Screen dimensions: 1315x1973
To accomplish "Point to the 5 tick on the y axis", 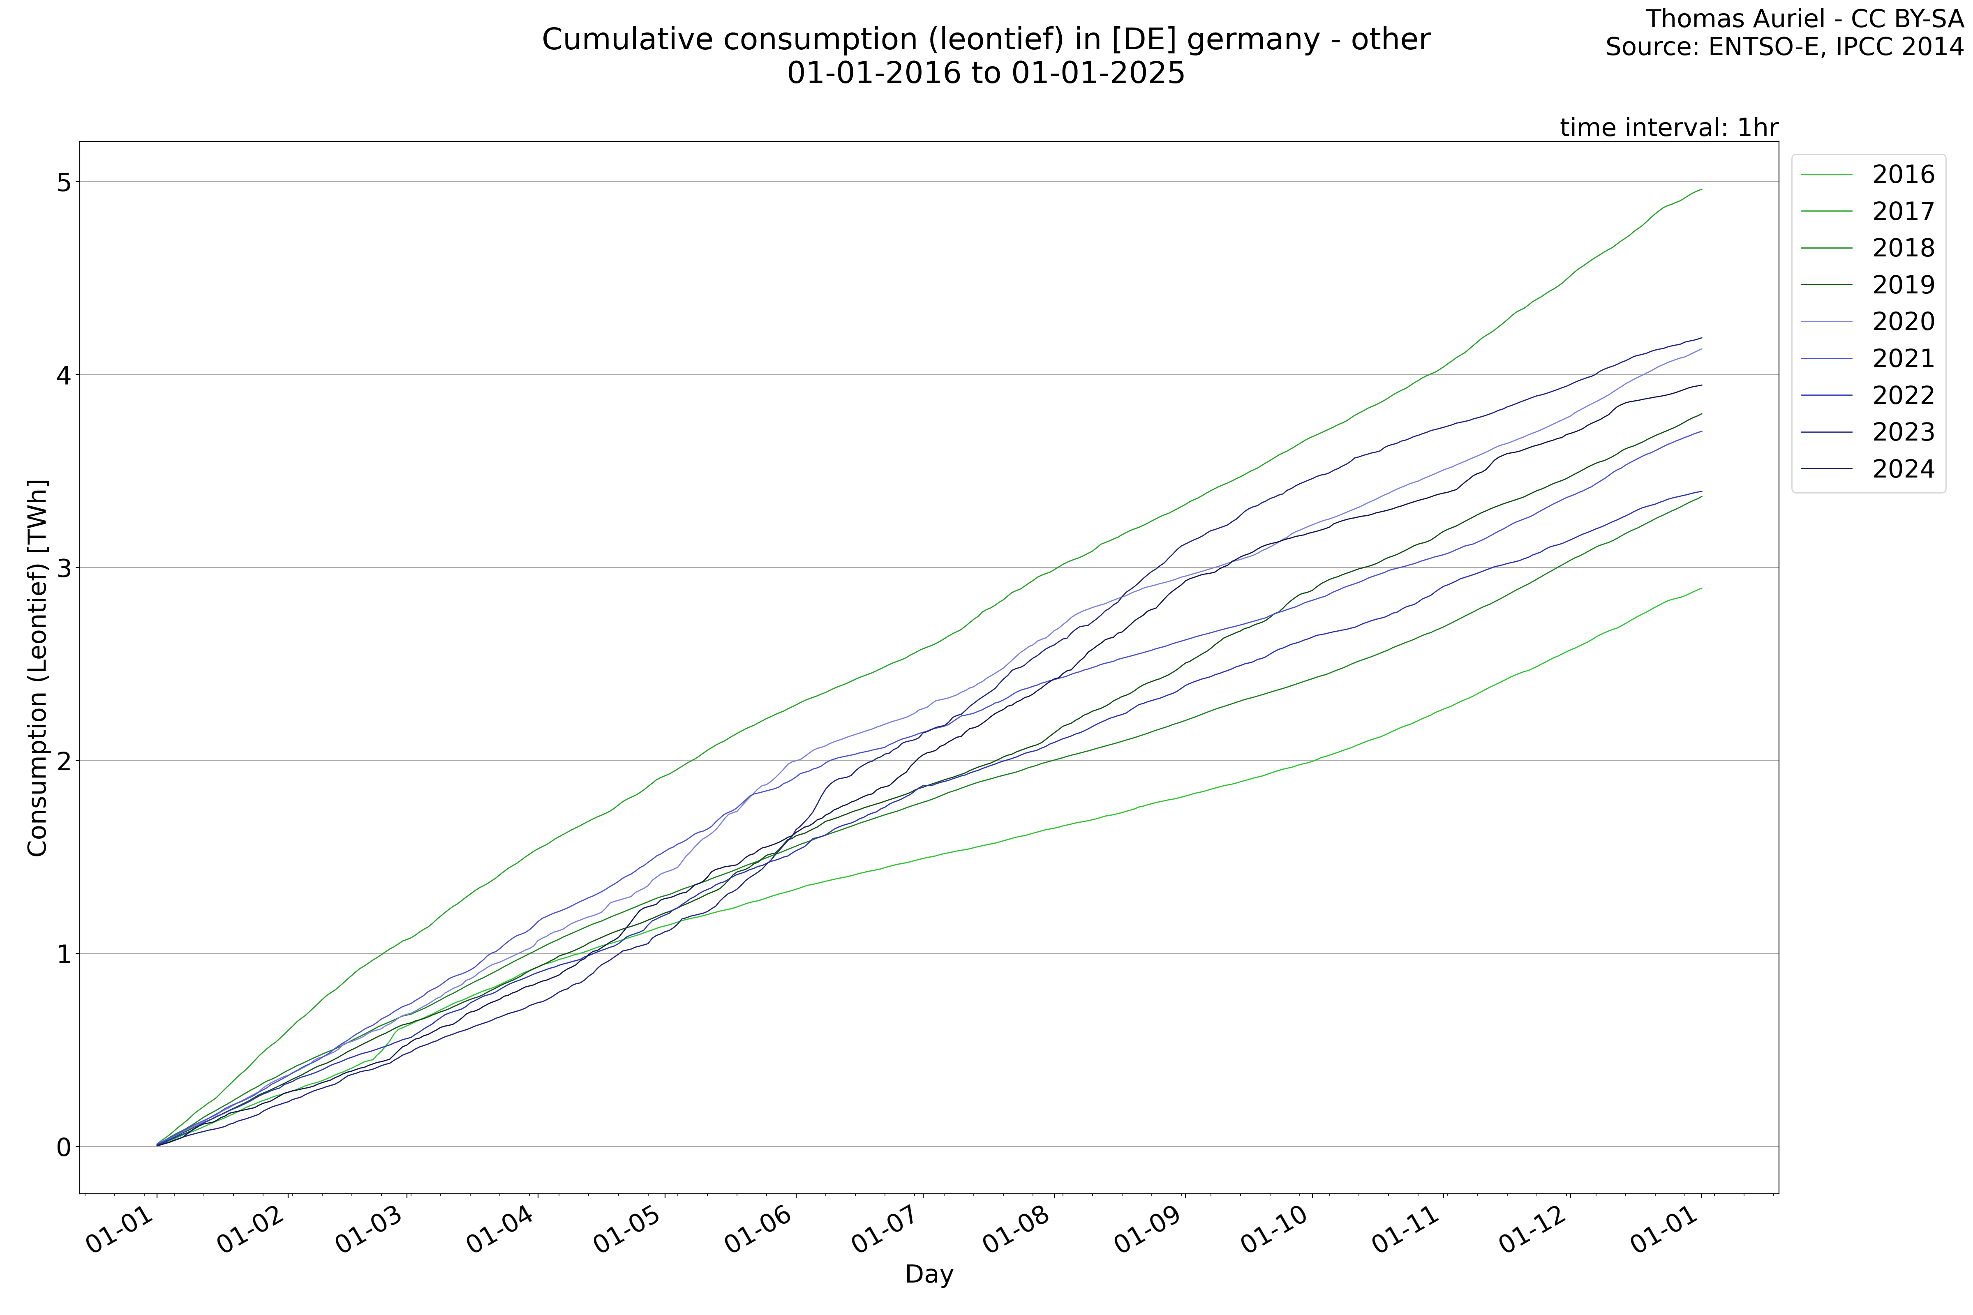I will [64, 182].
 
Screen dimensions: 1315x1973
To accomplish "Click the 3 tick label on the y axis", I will [64, 568].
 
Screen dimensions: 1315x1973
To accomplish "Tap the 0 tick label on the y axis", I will [64, 1147].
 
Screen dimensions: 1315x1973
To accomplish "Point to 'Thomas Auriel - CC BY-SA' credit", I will [1804, 18].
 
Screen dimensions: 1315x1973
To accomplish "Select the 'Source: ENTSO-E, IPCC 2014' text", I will [1784, 47].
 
